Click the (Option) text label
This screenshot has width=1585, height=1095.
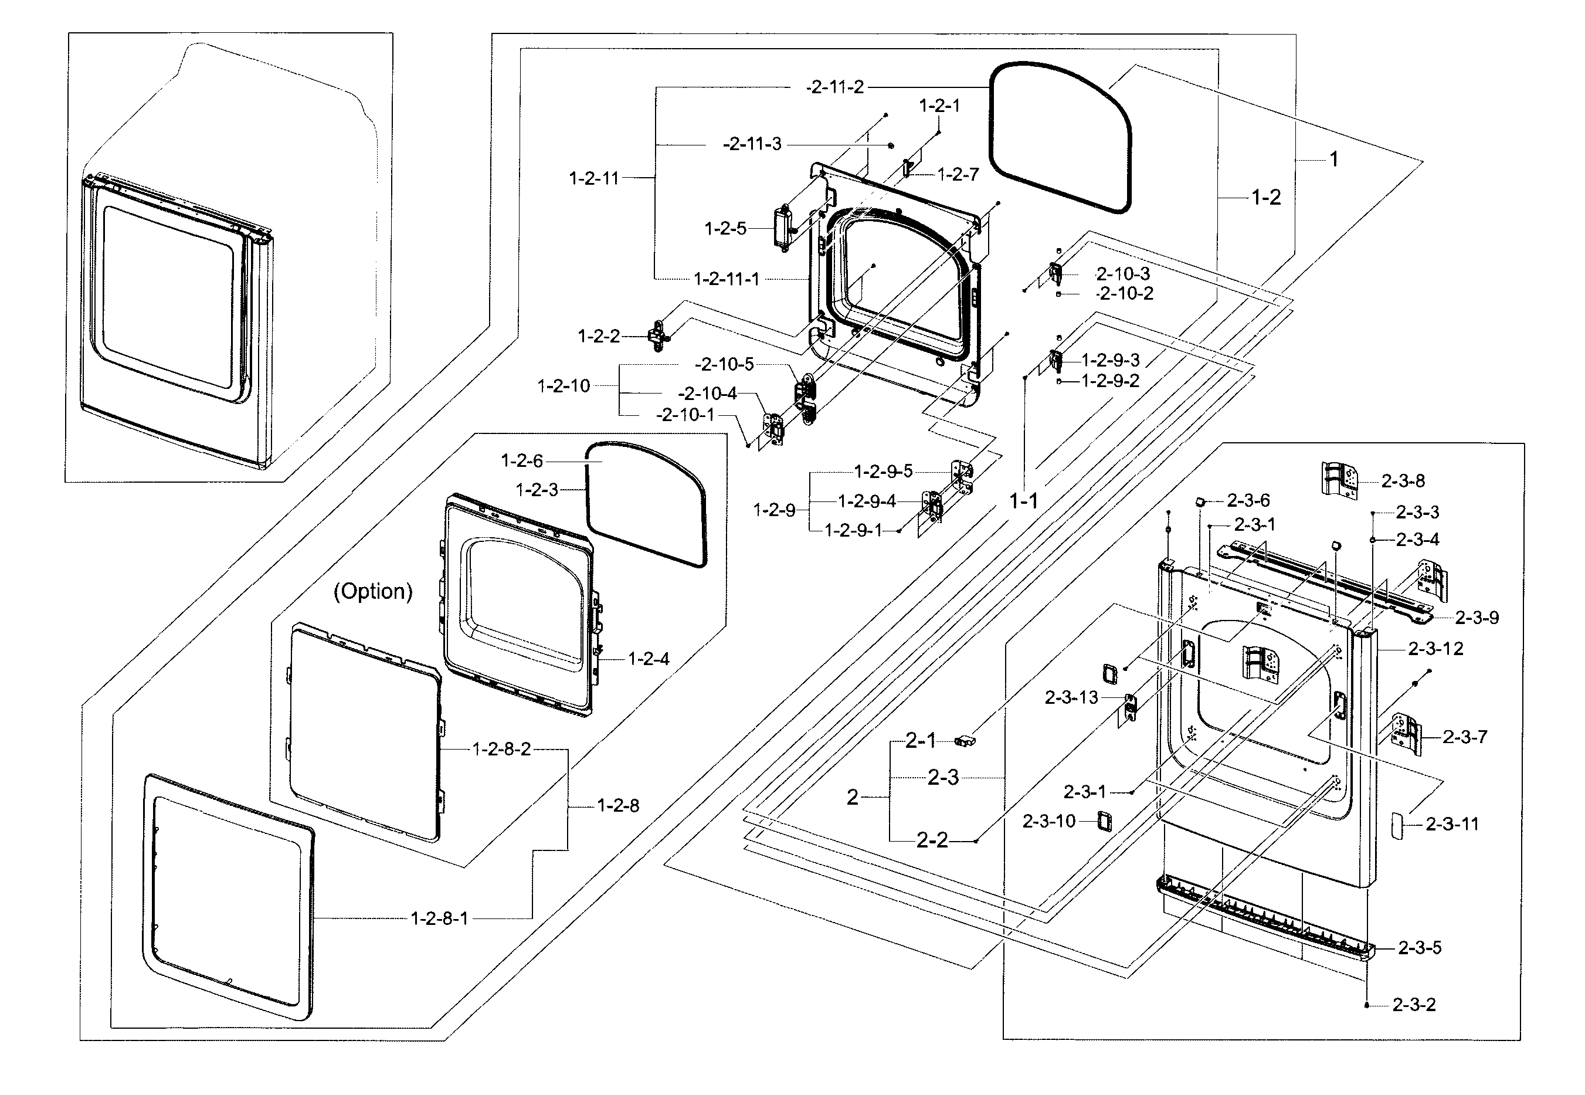click(x=372, y=591)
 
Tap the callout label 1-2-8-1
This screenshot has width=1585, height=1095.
click(x=439, y=918)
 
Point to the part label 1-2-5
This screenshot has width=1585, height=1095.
click(x=725, y=229)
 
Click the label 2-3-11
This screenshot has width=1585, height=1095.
click(x=1451, y=824)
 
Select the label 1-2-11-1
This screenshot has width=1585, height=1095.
click(x=727, y=279)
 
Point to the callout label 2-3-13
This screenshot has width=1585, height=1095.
click(x=1071, y=698)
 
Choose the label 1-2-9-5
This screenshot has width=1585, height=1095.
click(x=883, y=472)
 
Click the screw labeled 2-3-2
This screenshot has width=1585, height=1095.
click(x=1367, y=1005)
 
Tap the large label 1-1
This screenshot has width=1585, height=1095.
click(x=1023, y=501)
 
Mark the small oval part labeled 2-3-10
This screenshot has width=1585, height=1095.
click(x=1104, y=821)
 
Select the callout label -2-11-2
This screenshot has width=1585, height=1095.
click(x=834, y=87)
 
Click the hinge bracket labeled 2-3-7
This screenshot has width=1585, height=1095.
click(x=1406, y=734)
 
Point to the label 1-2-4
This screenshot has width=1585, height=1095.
click(x=648, y=659)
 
